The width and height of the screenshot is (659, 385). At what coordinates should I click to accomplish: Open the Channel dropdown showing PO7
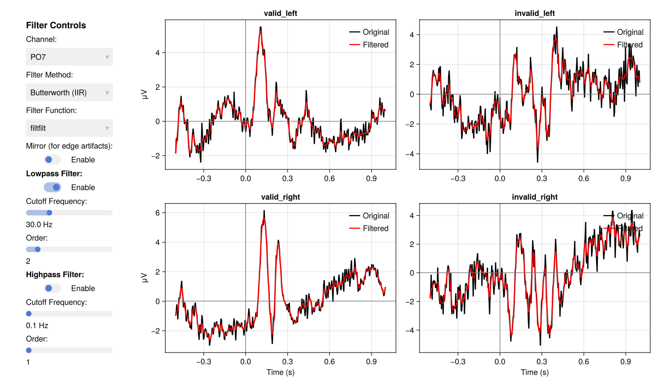69,57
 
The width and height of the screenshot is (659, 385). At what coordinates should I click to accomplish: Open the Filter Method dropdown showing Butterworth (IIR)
69,92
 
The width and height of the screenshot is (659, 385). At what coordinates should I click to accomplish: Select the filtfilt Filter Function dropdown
69,128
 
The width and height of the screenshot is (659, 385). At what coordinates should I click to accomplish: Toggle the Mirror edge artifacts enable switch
52,160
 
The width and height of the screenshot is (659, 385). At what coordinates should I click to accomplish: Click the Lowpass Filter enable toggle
52,187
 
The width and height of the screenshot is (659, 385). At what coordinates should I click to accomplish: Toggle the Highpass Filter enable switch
52,288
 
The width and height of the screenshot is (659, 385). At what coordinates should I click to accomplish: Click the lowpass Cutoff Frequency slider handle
50,213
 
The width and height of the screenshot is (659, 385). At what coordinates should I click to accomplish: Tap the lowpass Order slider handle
38,249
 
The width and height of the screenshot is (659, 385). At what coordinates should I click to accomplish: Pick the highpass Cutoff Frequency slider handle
29,314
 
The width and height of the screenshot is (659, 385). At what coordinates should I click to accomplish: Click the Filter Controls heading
56,26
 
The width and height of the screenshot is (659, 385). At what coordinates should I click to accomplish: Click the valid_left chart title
280,13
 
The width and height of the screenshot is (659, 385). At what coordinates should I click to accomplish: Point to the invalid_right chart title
535,197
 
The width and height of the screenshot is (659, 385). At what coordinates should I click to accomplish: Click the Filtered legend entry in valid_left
375,45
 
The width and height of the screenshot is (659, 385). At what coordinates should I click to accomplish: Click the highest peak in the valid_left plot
261,27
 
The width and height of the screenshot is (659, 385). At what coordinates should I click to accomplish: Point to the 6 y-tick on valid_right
157,213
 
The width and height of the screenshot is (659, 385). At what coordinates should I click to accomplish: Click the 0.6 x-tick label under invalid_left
583,179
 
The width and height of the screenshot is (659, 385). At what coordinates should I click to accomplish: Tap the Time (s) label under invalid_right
535,372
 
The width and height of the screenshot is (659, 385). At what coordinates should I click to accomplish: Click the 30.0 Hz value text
39,224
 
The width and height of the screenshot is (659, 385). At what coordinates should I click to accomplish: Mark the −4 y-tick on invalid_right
412,330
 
